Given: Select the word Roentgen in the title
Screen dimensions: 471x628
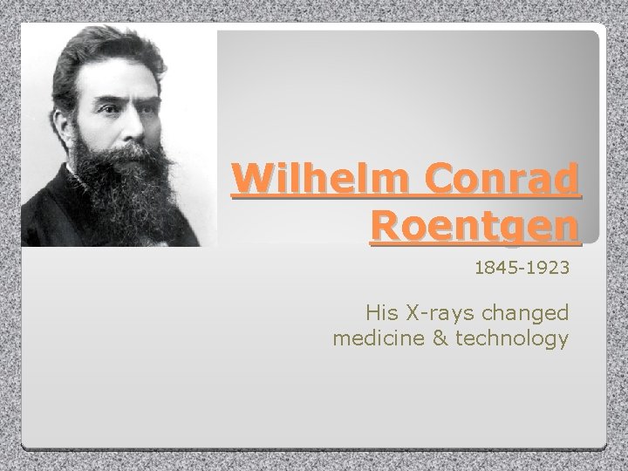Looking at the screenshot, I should [474, 227].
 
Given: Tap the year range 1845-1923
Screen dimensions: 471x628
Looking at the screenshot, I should [522, 270].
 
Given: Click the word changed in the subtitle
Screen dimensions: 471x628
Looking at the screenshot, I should [529, 311].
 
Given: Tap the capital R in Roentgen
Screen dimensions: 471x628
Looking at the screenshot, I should [386, 227].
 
